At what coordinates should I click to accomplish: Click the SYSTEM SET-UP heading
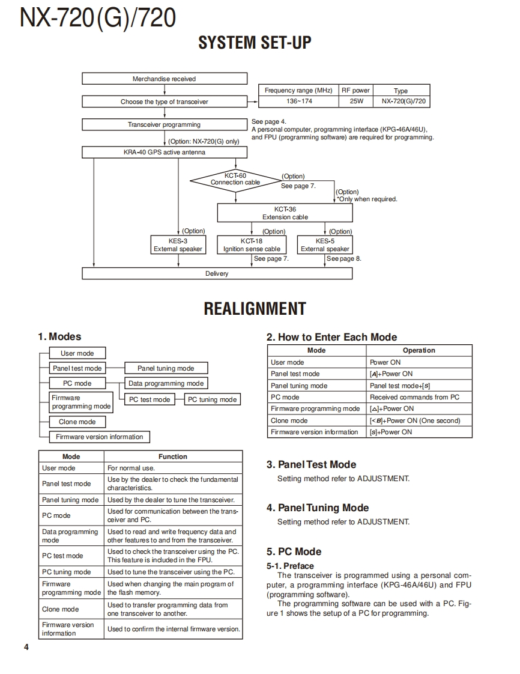click(x=255, y=43)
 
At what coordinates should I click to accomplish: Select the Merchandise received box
click(x=164, y=79)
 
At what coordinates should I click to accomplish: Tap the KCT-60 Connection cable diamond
click(x=235, y=179)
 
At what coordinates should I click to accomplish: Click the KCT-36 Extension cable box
click(x=285, y=213)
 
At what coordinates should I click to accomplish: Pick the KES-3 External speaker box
click(x=178, y=244)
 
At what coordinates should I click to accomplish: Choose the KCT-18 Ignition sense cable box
click(x=252, y=244)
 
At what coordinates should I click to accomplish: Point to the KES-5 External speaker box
click(x=325, y=244)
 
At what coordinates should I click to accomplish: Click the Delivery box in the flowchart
click(x=217, y=273)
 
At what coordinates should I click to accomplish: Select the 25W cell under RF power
click(x=357, y=102)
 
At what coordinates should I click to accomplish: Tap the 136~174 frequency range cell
click(x=299, y=102)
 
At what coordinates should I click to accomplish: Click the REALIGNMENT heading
click(x=255, y=309)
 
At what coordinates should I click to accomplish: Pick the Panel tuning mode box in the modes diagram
click(x=166, y=368)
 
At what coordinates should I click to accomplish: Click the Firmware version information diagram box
click(x=99, y=437)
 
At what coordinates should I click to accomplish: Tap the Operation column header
click(x=419, y=350)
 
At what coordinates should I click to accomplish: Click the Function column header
click(x=173, y=457)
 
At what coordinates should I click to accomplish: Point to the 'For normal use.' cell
click(x=173, y=468)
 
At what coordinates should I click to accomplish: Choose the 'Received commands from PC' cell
click(x=419, y=397)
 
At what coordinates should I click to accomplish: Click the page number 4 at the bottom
click(x=26, y=647)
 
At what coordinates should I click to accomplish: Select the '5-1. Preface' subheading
click(x=290, y=566)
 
